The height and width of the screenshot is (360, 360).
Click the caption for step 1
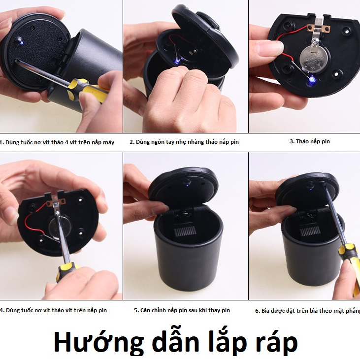pyautogui.click(x=57, y=142)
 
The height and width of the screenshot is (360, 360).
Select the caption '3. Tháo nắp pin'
pyautogui.click(x=309, y=141)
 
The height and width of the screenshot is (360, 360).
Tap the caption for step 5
pyautogui.click(x=182, y=310)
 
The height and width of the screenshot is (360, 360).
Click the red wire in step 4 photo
pyautogui.click(x=31, y=219)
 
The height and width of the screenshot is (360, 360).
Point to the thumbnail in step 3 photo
pyautogui.click(x=272, y=48)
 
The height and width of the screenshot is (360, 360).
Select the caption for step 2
pyautogui.click(x=184, y=142)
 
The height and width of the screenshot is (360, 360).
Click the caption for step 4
pyautogui.click(x=53, y=310)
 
